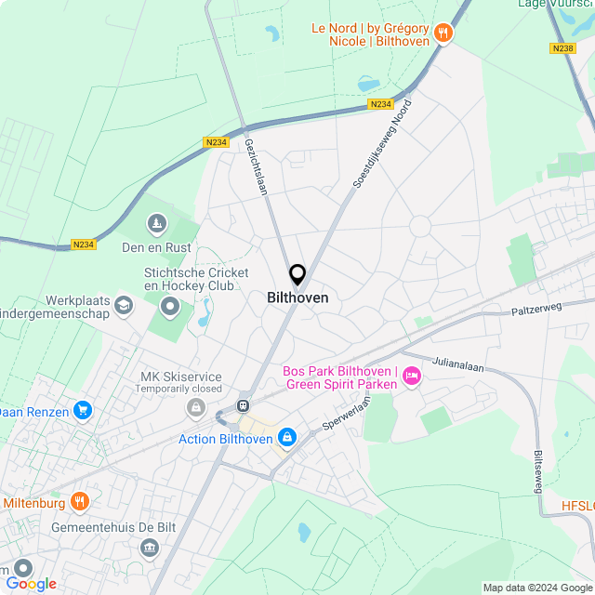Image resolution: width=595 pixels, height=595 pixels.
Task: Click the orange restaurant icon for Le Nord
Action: click(443, 33)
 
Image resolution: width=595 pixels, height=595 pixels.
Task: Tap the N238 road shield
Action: click(562, 47)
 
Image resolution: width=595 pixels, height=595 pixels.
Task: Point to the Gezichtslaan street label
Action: click(256, 166)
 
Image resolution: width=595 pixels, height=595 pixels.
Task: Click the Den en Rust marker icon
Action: click(157, 225)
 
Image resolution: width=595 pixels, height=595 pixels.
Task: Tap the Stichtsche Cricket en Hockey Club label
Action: click(196, 280)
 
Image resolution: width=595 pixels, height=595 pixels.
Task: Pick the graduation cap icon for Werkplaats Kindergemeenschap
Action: click(123, 304)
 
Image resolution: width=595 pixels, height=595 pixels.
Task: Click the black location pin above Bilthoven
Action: click(297, 274)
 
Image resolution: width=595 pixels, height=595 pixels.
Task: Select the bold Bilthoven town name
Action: click(297, 298)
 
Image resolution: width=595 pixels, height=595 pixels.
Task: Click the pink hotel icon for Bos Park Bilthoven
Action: click(412, 376)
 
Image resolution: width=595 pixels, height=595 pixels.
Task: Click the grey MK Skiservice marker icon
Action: click(195, 408)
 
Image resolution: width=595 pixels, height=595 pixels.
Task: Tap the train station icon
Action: click(243, 405)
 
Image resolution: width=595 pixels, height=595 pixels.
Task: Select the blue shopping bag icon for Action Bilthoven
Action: click(287, 437)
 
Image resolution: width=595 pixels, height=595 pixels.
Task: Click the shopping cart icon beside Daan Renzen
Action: click(83, 410)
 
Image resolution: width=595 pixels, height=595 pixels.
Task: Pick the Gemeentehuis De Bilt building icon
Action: click(149, 549)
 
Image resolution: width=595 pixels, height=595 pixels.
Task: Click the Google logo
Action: click(31, 584)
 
